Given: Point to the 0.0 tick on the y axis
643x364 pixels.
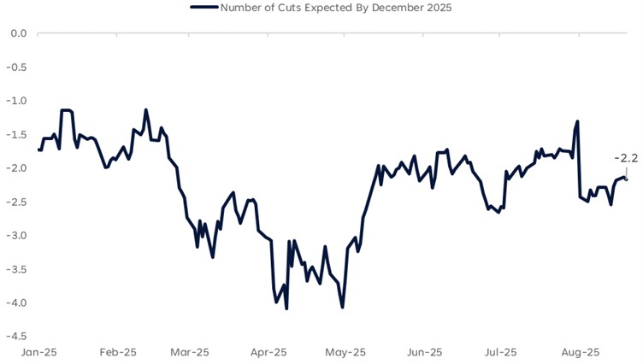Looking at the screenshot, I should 18,33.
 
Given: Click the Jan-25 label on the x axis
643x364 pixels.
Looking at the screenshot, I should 39,352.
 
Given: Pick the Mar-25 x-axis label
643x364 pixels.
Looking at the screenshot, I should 190,352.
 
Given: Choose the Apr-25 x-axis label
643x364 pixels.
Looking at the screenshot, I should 268,352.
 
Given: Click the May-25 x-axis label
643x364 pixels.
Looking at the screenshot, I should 345,352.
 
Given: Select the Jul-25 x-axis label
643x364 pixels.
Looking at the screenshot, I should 500,352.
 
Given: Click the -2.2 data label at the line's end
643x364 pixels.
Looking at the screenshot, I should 626,158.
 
